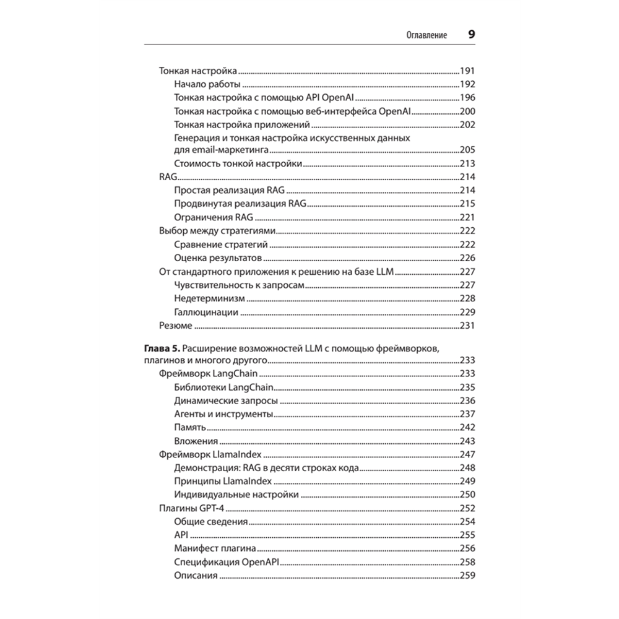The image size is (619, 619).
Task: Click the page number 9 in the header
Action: pyautogui.click(x=471, y=35)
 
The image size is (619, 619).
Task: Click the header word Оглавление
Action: pyautogui.click(x=426, y=36)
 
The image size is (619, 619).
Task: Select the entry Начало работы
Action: pyautogui.click(x=207, y=84)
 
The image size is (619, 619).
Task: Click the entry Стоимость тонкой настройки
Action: pyautogui.click(x=238, y=163)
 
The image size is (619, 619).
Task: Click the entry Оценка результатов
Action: pyautogui.click(x=219, y=258)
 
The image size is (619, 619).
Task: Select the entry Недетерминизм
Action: pyautogui.click(x=206, y=298)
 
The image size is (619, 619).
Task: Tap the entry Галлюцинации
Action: pyautogui.click(x=206, y=312)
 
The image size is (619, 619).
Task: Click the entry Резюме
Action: pyautogui.click(x=175, y=326)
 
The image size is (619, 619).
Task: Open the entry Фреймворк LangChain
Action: pyautogui.click(x=208, y=374)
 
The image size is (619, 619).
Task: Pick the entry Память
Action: pyautogui.click(x=190, y=428)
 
